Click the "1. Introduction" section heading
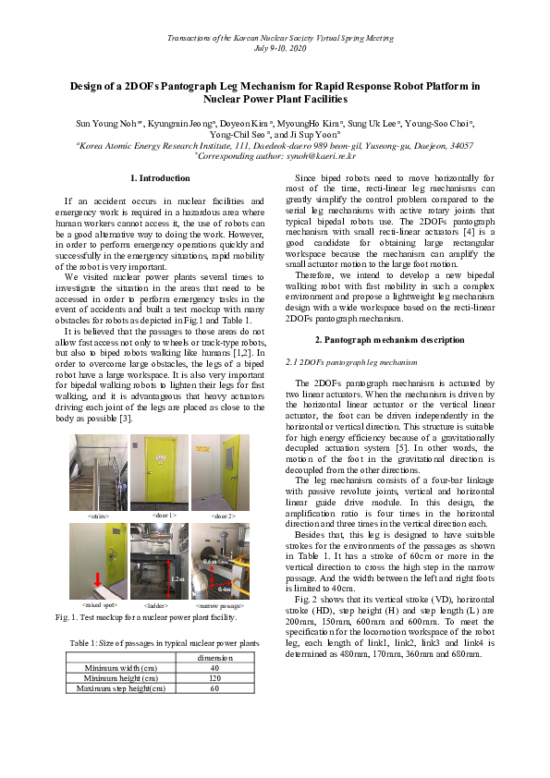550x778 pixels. [x=159, y=177]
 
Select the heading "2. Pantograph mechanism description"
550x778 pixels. [x=390, y=339]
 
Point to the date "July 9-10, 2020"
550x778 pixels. [x=275, y=46]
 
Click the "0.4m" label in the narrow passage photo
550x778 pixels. [x=225, y=589]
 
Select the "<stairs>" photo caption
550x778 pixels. [x=98, y=516]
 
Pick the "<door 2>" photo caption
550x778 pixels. [x=223, y=516]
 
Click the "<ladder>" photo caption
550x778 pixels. [x=159, y=604]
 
